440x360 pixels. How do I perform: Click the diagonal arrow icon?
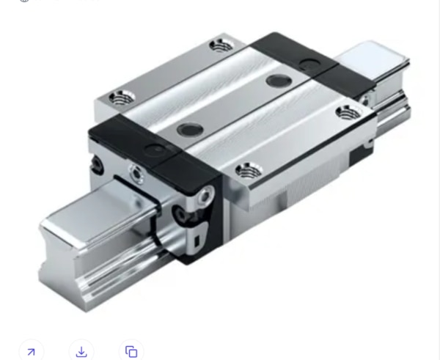tap(30, 351)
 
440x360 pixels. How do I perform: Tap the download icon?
tap(81, 351)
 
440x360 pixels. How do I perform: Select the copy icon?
tap(131, 351)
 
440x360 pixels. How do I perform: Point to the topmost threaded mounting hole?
tap(219, 46)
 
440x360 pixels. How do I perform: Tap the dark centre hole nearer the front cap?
tap(188, 128)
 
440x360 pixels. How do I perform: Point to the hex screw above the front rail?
tap(136, 173)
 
